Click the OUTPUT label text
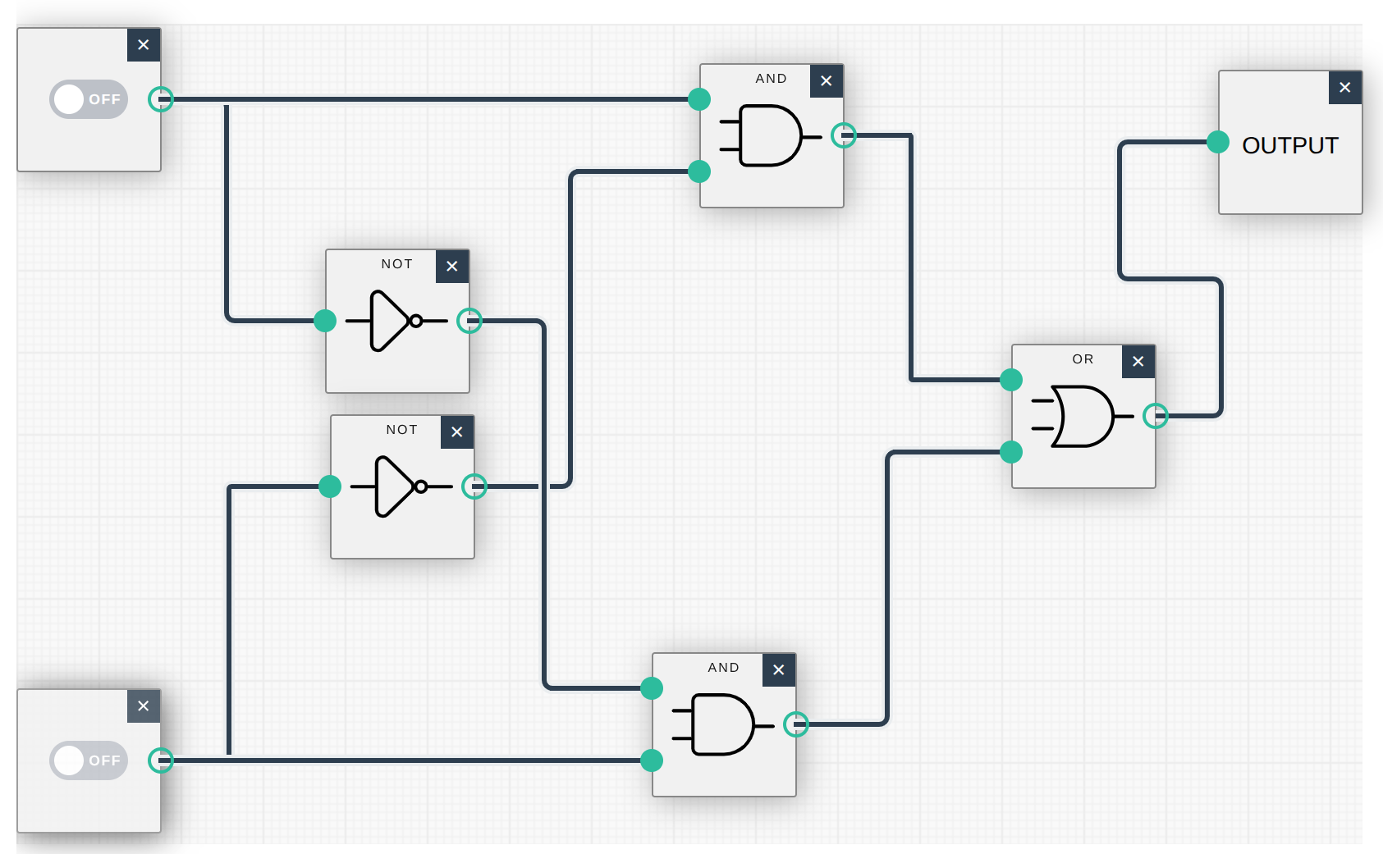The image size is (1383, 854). coord(1289,145)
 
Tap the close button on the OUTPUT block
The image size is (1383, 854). coord(1344,88)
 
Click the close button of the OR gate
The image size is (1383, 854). coord(1138,361)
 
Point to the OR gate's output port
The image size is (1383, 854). coord(1156,416)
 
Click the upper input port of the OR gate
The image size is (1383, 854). coord(1011,380)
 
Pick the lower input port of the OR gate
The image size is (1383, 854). coord(1011,452)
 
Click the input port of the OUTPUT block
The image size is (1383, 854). coord(1218,142)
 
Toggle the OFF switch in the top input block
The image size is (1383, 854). coord(89,99)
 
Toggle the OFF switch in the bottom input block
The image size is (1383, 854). coord(89,760)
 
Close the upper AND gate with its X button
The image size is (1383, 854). coord(826,81)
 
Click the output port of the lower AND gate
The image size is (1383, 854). coord(796,724)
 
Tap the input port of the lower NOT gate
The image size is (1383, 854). coord(330,486)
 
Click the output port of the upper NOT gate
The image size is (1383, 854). coord(469,321)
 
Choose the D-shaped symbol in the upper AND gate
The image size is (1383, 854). coord(771,135)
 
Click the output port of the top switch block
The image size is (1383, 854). coord(161,99)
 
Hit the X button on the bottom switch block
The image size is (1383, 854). coord(143,706)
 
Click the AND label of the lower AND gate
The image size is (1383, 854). coord(723,668)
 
